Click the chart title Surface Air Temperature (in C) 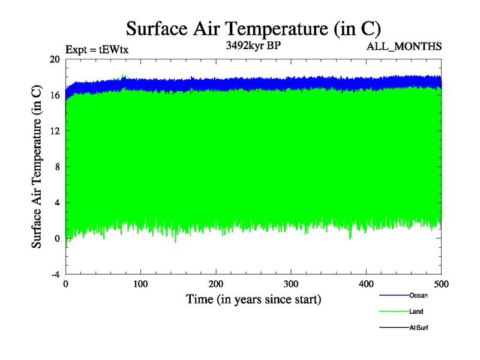point(253,28)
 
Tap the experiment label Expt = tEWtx point(97,50)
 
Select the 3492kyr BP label point(253,46)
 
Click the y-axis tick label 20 point(55,59)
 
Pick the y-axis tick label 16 point(55,95)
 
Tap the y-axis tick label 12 point(55,131)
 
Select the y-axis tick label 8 point(57,167)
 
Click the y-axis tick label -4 point(55,274)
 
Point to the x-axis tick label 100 point(140,284)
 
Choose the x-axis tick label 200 point(216,284)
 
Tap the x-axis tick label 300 point(291,284)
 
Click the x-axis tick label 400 point(366,284)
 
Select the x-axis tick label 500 point(441,284)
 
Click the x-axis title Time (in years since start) point(253,298)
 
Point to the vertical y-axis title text point(37,167)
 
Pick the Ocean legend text point(419,295)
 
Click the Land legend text point(416,311)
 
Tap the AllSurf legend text point(419,328)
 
